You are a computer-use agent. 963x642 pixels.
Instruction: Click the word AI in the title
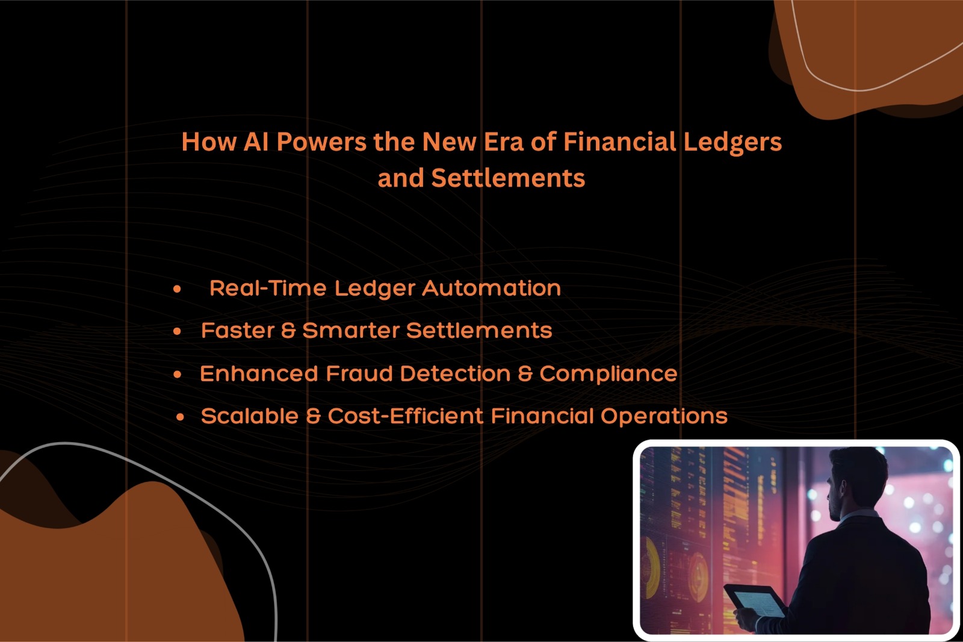click(256, 142)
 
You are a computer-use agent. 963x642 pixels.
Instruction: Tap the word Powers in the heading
click(321, 142)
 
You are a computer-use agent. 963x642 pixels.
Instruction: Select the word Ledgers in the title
click(732, 142)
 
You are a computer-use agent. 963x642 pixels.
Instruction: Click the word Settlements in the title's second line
click(508, 178)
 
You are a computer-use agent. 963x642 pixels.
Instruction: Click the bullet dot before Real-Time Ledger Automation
click(177, 288)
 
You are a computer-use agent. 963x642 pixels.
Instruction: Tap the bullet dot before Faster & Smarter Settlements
click(177, 331)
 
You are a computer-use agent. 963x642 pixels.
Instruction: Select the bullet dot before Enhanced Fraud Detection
click(177, 375)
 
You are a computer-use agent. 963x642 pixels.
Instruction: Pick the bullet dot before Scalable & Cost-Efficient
click(180, 417)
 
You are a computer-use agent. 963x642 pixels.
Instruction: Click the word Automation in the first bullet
click(491, 288)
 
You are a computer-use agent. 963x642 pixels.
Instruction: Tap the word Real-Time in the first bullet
click(268, 288)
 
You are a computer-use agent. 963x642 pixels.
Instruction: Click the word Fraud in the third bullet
click(359, 373)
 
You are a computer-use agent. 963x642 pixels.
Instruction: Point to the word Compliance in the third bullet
click(608, 374)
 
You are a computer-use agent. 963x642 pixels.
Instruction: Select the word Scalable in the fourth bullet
click(250, 416)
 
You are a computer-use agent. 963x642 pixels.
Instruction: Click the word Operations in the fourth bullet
click(664, 417)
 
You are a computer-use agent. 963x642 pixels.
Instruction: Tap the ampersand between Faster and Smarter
click(288, 331)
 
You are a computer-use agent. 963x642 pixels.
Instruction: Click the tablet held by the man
click(755, 600)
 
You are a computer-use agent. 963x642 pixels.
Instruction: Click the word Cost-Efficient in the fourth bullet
click(406, 416)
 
